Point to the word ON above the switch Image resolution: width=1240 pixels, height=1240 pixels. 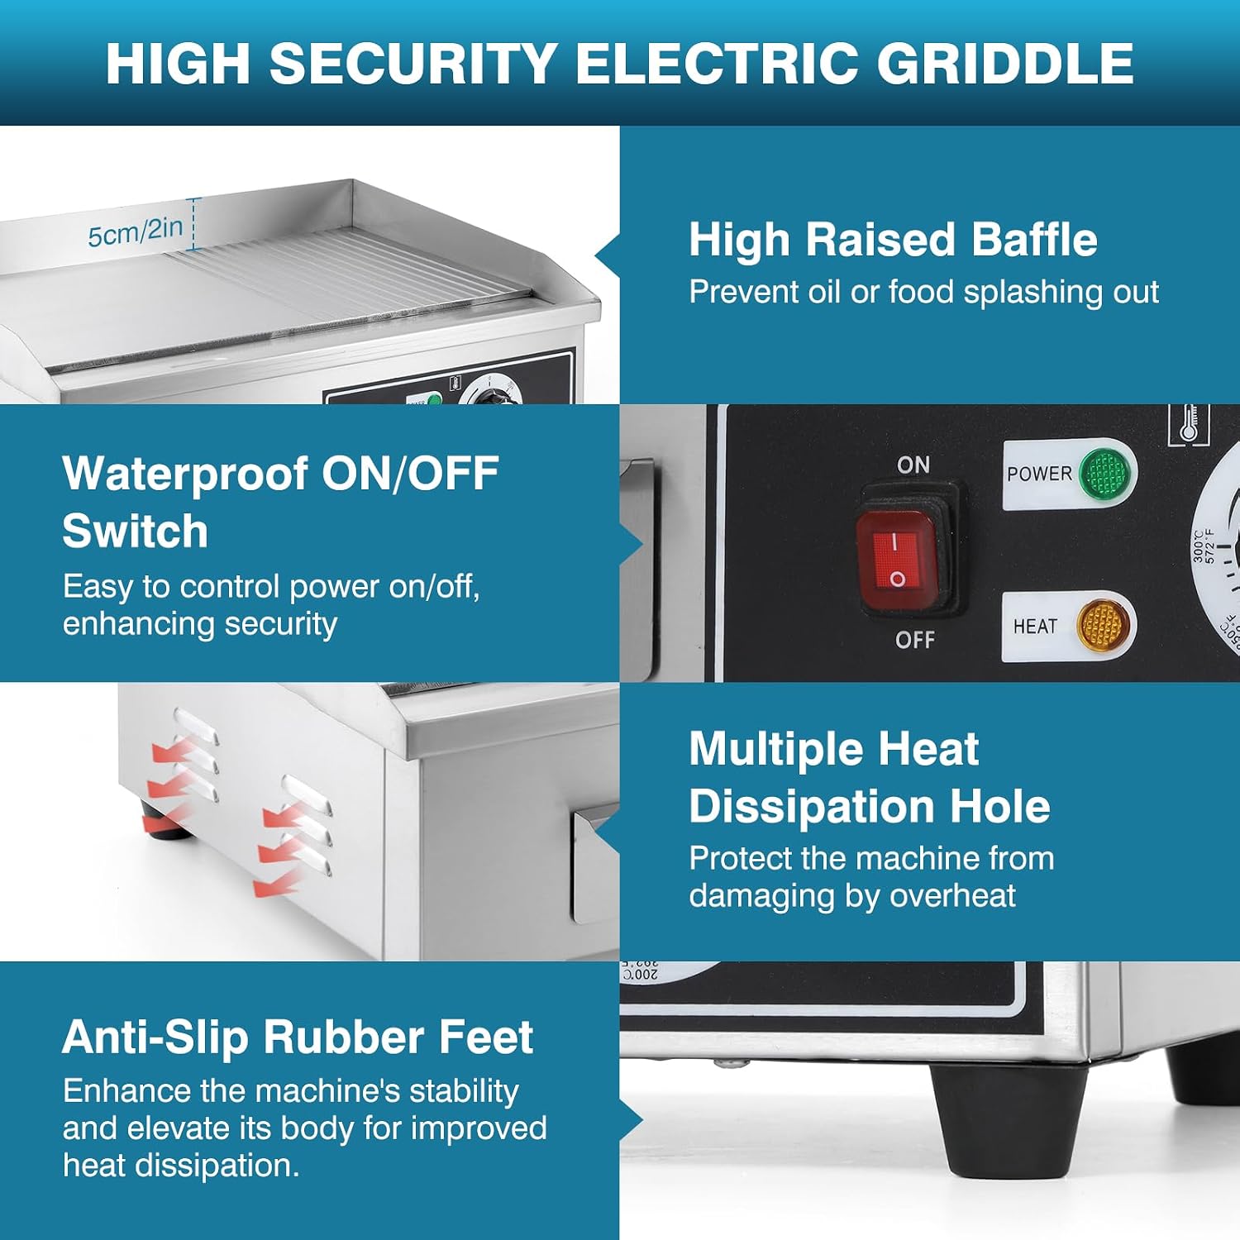pos(913,465)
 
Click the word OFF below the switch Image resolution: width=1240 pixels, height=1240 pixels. pos(915,639)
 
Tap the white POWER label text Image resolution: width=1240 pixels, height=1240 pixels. pos(1039,474)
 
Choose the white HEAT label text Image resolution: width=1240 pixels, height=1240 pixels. pos(1035,627)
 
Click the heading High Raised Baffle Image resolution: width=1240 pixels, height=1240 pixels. pos(893,240)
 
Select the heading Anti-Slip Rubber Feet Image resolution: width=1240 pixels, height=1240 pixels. pos(298,1037)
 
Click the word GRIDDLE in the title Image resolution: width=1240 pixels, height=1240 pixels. pos(1005,63)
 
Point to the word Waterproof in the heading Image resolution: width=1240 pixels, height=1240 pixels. pos(185,474)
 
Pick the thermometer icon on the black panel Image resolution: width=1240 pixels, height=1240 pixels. pos(1189,423)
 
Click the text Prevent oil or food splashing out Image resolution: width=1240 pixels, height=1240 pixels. pos(924,293)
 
